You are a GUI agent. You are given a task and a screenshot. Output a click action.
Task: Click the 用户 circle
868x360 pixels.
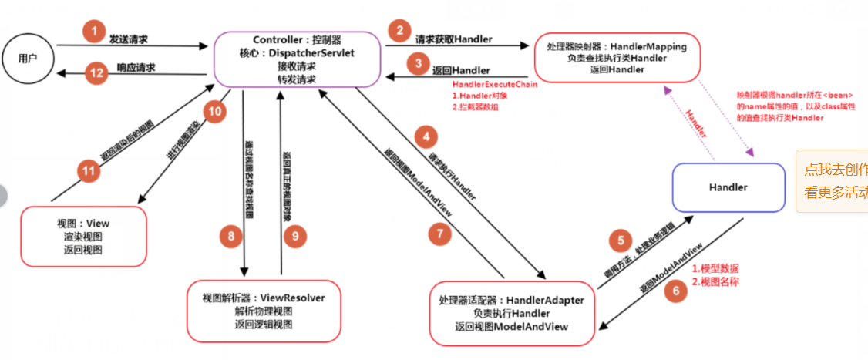28,59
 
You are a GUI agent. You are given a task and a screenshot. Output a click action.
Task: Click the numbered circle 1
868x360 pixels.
93,32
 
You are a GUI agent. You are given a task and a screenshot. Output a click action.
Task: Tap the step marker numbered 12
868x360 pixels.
96,73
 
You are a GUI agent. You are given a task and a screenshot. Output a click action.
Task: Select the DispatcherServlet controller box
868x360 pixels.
297,59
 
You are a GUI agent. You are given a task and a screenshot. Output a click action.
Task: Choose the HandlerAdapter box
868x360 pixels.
511,314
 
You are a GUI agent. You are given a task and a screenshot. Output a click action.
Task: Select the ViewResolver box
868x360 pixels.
264,311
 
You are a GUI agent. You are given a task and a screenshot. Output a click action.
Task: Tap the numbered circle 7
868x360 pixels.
439,233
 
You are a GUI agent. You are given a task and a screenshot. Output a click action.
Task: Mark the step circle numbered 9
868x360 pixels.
294,236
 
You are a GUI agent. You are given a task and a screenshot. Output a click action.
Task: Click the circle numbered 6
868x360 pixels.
676,291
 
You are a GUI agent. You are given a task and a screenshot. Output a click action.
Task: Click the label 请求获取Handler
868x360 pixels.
453,39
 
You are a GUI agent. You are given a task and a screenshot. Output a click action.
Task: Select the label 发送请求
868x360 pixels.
129,38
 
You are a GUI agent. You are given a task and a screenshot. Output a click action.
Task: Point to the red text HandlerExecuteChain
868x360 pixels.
494,84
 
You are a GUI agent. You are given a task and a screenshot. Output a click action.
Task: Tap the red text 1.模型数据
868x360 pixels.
715,269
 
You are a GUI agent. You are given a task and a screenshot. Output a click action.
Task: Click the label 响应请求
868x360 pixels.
136,68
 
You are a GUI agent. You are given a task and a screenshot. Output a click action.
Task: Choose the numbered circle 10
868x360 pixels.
215,111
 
